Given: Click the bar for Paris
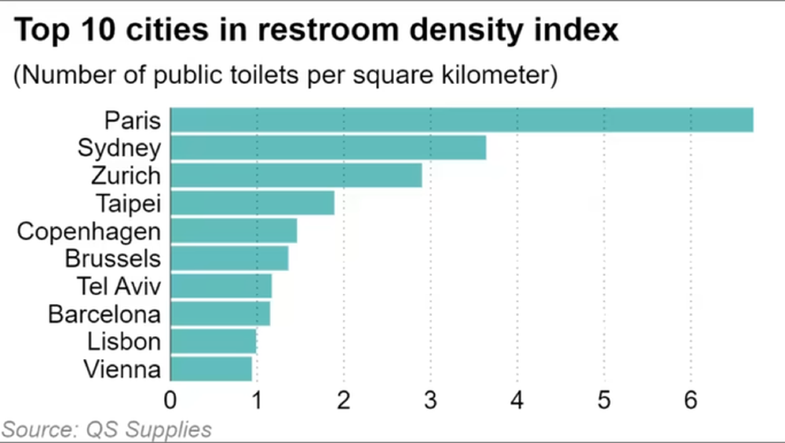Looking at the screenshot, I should [462, 120].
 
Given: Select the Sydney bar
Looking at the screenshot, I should [328, 148].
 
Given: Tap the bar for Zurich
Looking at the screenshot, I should [296, 175].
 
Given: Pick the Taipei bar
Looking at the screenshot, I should [252, 203].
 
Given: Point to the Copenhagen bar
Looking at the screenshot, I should [233, 231].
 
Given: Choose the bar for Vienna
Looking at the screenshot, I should [211, 368].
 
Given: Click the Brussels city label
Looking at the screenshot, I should [113, 258].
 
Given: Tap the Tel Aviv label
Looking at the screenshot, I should [119, 285].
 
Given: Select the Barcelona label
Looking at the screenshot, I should [104, 313].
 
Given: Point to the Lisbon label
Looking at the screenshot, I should [124, 341].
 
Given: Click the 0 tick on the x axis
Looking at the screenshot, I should [170, 401].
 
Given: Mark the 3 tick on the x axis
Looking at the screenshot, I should [430, 401].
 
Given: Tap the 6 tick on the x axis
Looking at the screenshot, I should [691, 401].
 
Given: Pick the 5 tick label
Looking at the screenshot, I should [604, 401].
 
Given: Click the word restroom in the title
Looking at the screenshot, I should [330, 31].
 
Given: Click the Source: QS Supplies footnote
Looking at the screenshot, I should [108, 430].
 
